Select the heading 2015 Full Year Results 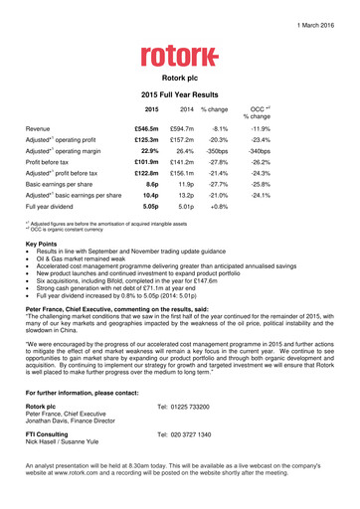179,92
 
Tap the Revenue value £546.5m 146,128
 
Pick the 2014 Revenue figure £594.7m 181,128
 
